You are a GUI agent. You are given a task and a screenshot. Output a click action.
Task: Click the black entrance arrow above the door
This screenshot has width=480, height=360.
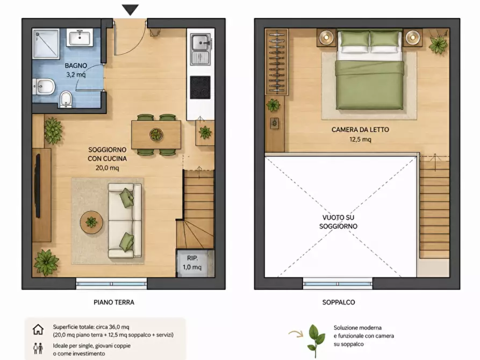pos(131,10)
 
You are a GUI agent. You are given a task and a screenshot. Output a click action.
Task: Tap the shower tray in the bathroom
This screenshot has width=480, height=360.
pos(46,44)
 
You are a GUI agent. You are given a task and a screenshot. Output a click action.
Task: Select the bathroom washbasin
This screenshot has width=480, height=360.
pos(80,38)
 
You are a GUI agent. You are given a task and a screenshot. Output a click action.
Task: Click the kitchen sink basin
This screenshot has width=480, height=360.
pos(200,43)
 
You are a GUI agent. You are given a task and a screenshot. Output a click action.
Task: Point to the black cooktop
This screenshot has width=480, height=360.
pos(200,87)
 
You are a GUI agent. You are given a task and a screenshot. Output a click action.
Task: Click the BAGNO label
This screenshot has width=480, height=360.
pos(76,66)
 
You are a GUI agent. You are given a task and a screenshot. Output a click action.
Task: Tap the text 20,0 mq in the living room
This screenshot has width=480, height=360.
pos(107,168)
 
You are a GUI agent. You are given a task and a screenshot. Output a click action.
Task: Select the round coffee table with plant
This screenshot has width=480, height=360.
pos(91,222)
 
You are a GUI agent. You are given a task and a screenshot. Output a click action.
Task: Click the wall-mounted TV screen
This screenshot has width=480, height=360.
pos(38,186)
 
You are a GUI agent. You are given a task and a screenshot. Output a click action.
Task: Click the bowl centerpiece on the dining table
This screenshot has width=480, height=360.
pos(156,134)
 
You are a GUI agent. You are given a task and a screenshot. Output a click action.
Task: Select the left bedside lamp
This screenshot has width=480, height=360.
pos(327,38)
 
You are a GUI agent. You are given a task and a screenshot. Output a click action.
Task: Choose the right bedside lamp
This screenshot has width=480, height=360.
pos(413,38)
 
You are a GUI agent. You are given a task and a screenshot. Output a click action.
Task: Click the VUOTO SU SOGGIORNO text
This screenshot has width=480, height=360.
pos(338,222)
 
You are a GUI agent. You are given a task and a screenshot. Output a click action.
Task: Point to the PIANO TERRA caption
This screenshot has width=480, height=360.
pos(114,302)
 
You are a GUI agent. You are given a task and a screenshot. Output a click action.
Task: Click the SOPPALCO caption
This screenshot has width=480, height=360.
pos(339,302)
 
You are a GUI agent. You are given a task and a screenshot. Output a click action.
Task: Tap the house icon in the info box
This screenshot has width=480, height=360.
pos(38,330)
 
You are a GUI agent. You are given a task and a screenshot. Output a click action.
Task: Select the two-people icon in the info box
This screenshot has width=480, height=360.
pos(38,348)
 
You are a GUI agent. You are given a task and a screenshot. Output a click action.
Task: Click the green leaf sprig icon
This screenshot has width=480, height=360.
pos(316,341)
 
